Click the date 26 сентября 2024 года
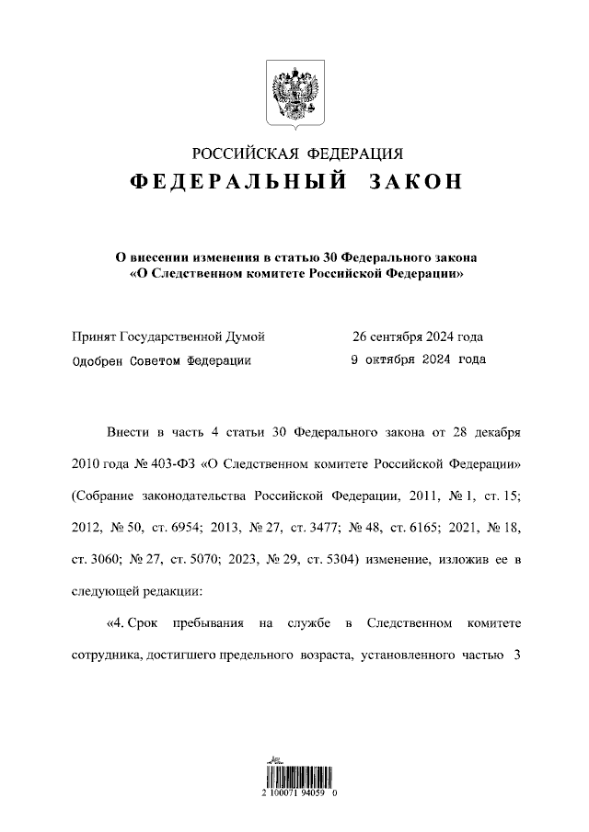coord(418,336)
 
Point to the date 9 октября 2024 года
coord(419,360)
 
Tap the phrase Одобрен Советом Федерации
coord(161,360)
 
